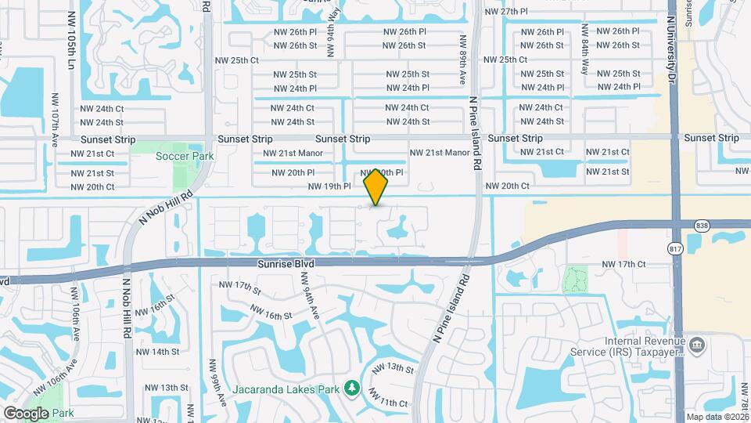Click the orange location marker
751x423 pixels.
[376, 186]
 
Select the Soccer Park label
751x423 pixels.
[185, 156]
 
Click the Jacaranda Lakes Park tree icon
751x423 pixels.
[352, 388]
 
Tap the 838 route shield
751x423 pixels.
[702, 225]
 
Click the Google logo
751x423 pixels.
[26, 413]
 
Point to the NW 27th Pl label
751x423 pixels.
[507, 12]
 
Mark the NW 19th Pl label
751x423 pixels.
[329, 186]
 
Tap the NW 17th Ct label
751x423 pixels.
[624, 265]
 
